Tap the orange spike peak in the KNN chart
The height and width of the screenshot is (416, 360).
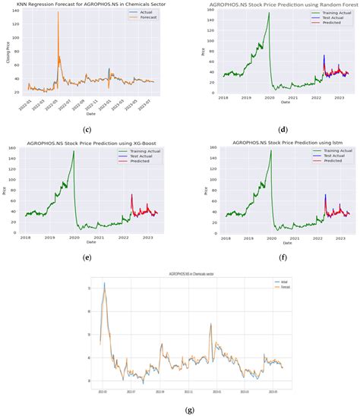(x=58, y=12)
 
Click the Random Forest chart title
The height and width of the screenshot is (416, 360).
(x=274, y=5)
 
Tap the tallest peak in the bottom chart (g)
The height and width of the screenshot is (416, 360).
(x=104, y=283)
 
